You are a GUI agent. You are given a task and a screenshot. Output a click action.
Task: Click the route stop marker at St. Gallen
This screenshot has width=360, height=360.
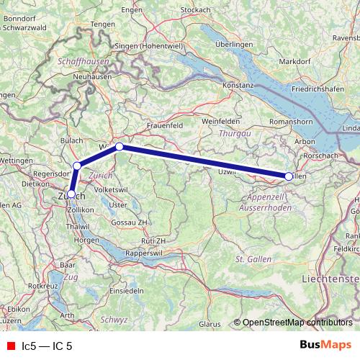point(289,176)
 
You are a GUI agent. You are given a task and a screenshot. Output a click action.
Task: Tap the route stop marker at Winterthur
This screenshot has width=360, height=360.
point(120,147)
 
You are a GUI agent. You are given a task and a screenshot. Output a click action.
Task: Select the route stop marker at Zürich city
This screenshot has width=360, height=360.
point(71,194)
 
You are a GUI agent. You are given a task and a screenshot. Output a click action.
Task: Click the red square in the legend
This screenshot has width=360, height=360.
point(11,346)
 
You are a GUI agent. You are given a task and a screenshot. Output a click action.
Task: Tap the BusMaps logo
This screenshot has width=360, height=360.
point(323,346)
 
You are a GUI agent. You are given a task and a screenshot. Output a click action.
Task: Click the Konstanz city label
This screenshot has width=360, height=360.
point(238,85)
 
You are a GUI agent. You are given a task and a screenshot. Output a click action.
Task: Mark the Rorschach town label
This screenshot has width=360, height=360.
point(321,156)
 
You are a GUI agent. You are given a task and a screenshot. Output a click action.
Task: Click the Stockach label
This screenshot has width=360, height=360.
point(195,9)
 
